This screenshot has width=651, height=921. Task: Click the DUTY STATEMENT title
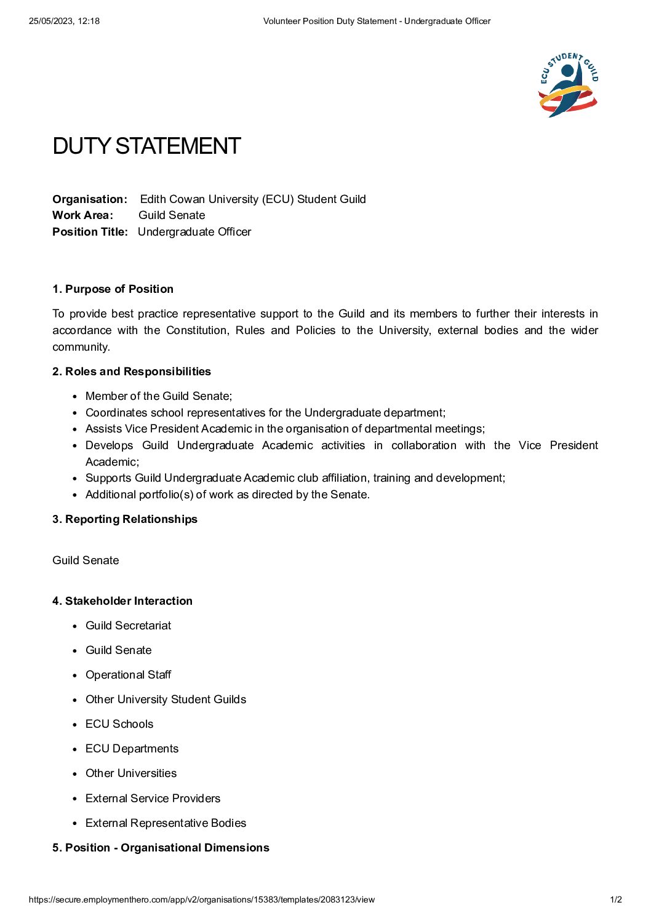pyautogui.click(x=146, y=146)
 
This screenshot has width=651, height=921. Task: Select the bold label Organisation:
pyautogui.click(x=90, y=199)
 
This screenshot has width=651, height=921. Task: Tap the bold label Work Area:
pyautogui.click(x=82, y=215)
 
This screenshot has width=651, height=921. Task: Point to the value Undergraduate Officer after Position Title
pyautogui.click(x=194, y=232)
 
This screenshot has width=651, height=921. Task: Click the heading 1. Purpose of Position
pyautogui.click(x=113, y=289)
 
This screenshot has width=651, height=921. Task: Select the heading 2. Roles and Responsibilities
pyautogui.click(x=132, y=372)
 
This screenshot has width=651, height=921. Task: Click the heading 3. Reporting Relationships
pyautogui.click(x=125, y=519)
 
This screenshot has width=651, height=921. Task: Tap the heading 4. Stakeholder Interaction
pyautogui.click(x=122, y=601)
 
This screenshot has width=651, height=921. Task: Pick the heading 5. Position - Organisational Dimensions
pyautogui.click(x=161, y=848)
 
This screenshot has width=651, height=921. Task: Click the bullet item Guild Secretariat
pyautogui.click(x=128, y=626)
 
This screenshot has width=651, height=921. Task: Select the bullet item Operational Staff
pyautogui.click(x=128, y=675)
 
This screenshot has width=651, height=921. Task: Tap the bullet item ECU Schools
pyautogui.click(x=119, y=724)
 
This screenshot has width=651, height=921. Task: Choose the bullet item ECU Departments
pyautogui.click(x=132, y=749)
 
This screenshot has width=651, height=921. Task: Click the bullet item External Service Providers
pyautogui.click(x=153, y=799)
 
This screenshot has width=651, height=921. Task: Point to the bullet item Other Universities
pyautogui.click(x=131, y=773)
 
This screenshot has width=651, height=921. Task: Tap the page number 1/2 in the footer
pyautogui.click(x=616, y=899)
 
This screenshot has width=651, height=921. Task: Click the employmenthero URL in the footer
pyautogui.click(x=201, y=899)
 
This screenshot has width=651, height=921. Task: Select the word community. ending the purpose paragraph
pyautogui.click(x=81, y=347)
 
